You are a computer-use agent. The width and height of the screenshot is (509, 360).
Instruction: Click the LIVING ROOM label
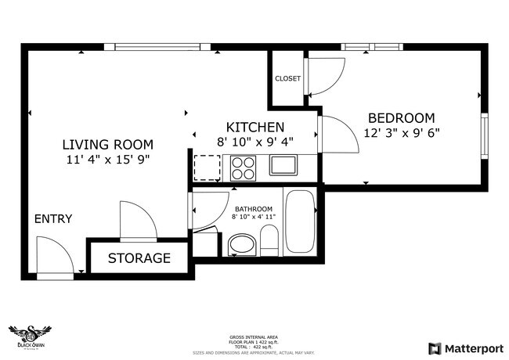pyautogui.click(x=107, y=144)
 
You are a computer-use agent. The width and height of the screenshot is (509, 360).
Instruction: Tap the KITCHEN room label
pyautogui.click(x=254, y=127)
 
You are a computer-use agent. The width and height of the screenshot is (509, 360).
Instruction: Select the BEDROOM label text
pyautogui.click(x=400, y=117)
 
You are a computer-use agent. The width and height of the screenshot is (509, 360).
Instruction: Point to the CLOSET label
pyautogui.click(x=287, y=78)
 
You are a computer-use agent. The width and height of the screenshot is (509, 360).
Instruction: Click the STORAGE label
pyautogui.click(x=139, y=257)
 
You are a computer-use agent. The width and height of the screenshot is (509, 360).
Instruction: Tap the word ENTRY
pyautogui.click(x=53, y=218)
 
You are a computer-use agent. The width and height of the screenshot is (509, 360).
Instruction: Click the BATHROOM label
pyautogui.click(x=254, y=209)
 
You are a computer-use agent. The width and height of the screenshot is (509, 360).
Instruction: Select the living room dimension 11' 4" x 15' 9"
pyautogui.click(x=107, y=160)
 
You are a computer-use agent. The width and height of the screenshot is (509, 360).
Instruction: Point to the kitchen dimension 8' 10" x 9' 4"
pyautogui.click(x=254, y=142)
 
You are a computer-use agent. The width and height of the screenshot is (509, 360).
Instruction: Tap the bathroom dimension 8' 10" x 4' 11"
pyautogui.click(x=254, y=218)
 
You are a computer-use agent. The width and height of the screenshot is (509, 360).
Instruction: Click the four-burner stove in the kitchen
pyautogui.click(x=244, y=166)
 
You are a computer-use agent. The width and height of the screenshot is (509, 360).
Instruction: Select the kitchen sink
pyautogui.click(x=283, y=165)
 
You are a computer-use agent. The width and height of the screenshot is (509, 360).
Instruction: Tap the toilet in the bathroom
pyautogui.click(x=269, y=239)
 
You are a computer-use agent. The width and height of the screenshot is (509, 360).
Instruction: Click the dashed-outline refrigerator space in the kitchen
pyautogui.click(x=208, y=167)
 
